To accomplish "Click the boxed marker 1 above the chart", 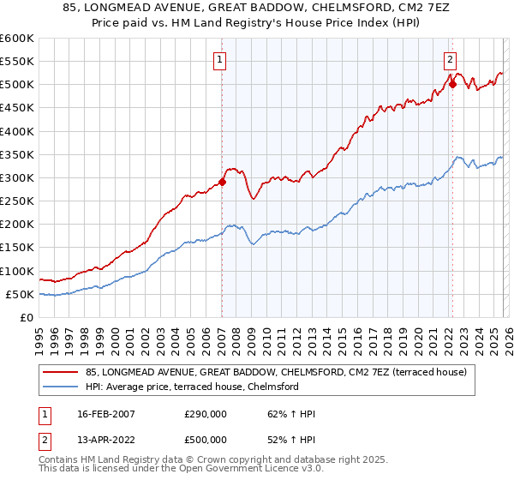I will [x=221, y=60].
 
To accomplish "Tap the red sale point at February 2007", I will [x=222, y=182].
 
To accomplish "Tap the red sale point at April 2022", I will [x=452, y=84].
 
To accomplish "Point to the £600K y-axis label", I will [x=17, y=39].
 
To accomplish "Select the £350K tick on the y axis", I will [x=17, y=155].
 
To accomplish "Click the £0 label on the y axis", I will [x=26, y=318].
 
